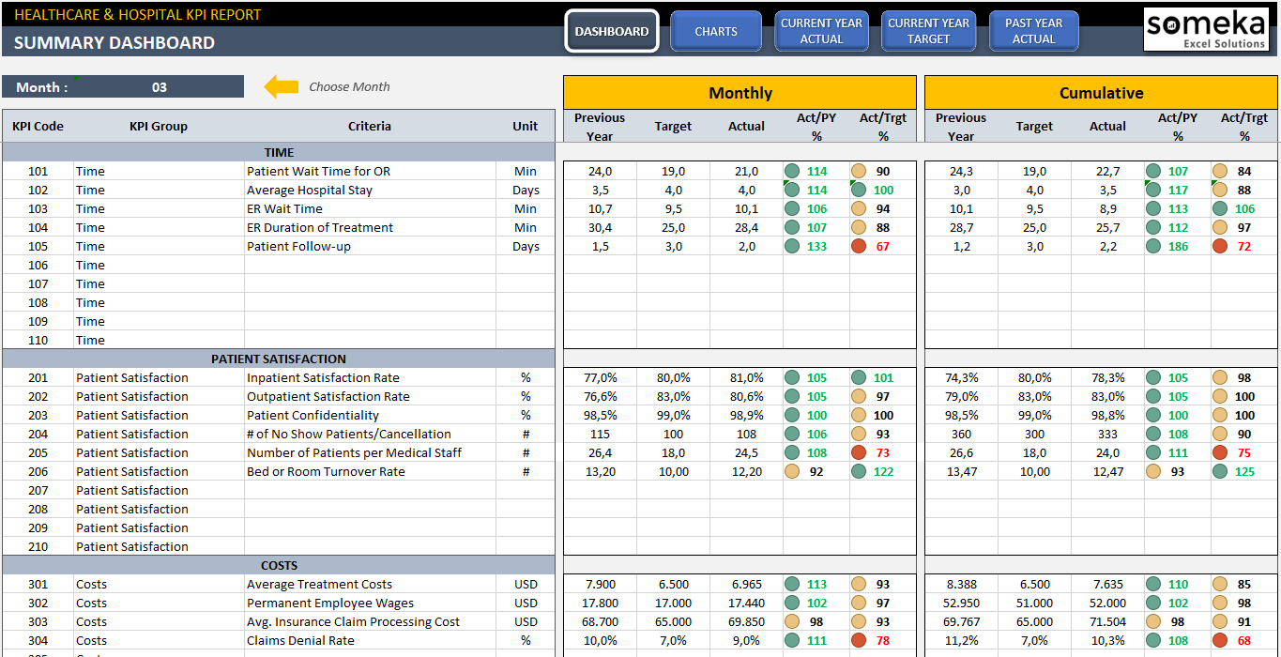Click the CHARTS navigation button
(x=716, y=32)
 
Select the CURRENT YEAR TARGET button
(x=928, y=32)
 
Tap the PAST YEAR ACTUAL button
(x=1033, y=32)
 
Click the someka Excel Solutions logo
(x=1204, y=30)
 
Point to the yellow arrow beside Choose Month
(x=281, y=87)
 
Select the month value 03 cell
(x=160, y=87)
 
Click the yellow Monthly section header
(x=740, y=93)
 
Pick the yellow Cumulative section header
(x=1101, y=93)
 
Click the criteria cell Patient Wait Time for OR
(x=318, y=172)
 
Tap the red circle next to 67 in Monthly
(x=858, y=247)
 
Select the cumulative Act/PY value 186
(x=1178, y=247)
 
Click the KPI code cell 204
(x=38, y=435)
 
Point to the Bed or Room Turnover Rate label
(x=326, y=472)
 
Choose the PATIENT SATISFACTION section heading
(x=279, y=359)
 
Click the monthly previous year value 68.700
(x=600, y=622)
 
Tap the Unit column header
(x=526, y=126)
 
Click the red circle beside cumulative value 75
(x=1219, y=453)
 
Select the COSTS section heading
(x=279, y=566)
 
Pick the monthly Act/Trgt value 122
(x=883, y=472)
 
